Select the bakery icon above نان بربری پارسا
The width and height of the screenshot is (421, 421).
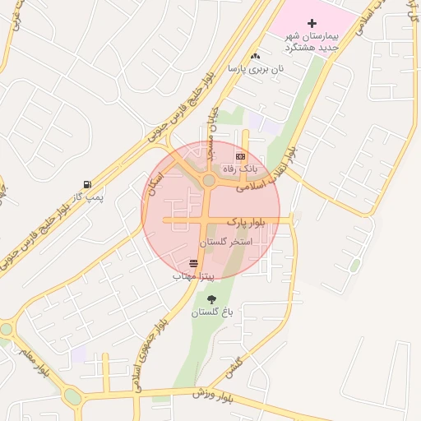(255, 56)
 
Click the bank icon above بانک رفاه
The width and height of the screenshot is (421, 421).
(240, 155)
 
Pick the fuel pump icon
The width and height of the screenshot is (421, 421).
(87, 185)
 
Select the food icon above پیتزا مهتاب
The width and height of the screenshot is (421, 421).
(193, 264)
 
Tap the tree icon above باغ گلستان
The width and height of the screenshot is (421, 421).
(212, 300)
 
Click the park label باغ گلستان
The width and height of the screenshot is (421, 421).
(213, 313)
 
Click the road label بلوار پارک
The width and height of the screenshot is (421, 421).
(267, 224)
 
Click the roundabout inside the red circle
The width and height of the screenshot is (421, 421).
(209, 180)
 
